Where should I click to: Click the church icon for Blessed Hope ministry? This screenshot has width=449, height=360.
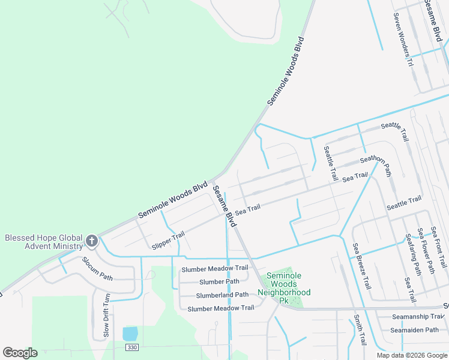click(x=92, y=241)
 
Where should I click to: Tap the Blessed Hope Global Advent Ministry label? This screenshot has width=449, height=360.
click(x=43, y=242)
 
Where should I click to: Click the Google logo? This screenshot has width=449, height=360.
click(x=20, y=353)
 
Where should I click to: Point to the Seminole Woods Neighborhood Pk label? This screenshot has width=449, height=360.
click(x=284, y=284)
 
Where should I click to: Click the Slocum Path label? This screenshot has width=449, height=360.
click(x=97, y=269)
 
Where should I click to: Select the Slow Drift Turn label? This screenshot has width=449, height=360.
click(x=106, y=314)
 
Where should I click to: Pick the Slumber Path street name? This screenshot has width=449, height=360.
click(x=219, y=281)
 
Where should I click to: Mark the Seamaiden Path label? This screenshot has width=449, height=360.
click(x=415, y=330)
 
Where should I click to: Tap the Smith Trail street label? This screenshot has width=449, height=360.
click(x=359, y=330)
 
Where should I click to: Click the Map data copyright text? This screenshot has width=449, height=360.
click(x=412, y=355)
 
